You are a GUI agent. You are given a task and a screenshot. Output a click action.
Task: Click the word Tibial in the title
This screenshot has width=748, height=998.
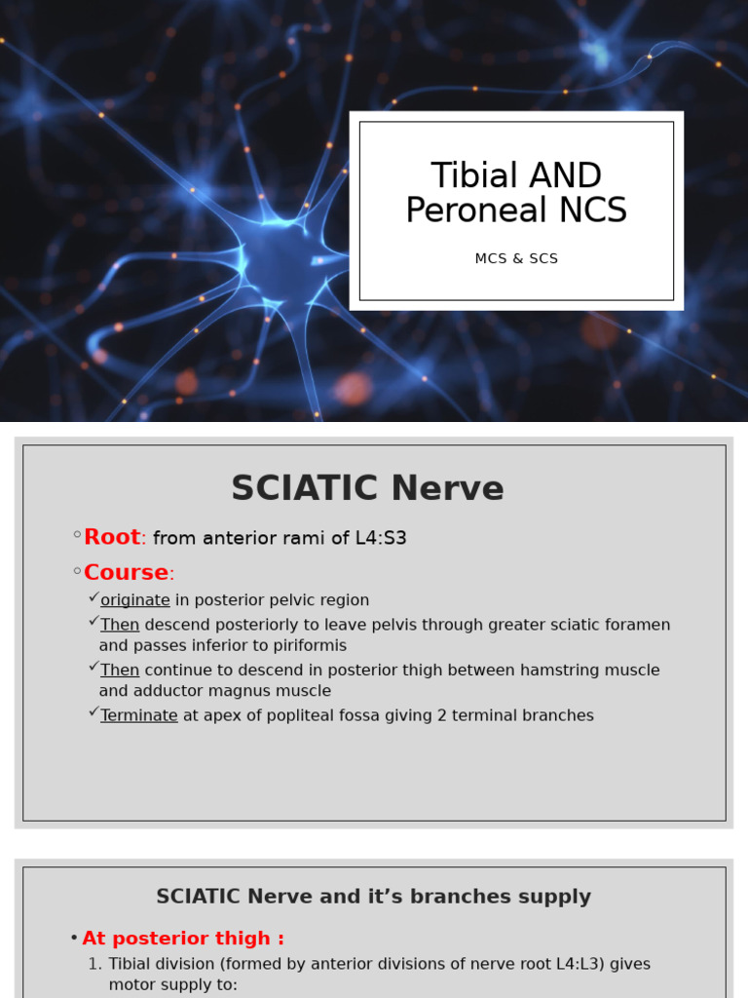tap(474, 176)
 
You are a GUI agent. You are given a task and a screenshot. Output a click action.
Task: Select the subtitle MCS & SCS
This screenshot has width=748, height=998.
tap(516, 259)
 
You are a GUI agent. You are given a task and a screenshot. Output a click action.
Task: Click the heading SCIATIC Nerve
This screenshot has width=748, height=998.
tap(367, 488)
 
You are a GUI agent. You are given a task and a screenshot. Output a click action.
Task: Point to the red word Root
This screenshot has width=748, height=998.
tap(112, 537)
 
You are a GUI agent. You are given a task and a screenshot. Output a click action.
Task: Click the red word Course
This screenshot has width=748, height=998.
tap(126, 572)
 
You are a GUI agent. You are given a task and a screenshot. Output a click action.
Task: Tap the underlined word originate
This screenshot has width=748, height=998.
tap(135, 600)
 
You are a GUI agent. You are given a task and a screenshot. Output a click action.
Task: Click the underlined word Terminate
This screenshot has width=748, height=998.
tap(139, 715)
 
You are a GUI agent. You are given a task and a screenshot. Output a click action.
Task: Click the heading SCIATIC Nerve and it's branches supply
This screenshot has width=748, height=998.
tap(373, 897)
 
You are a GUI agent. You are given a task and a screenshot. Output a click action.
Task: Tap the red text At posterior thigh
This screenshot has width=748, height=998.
tap(182, 939)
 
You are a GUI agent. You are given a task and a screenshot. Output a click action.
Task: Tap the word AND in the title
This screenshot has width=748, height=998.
tap(564, 176)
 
